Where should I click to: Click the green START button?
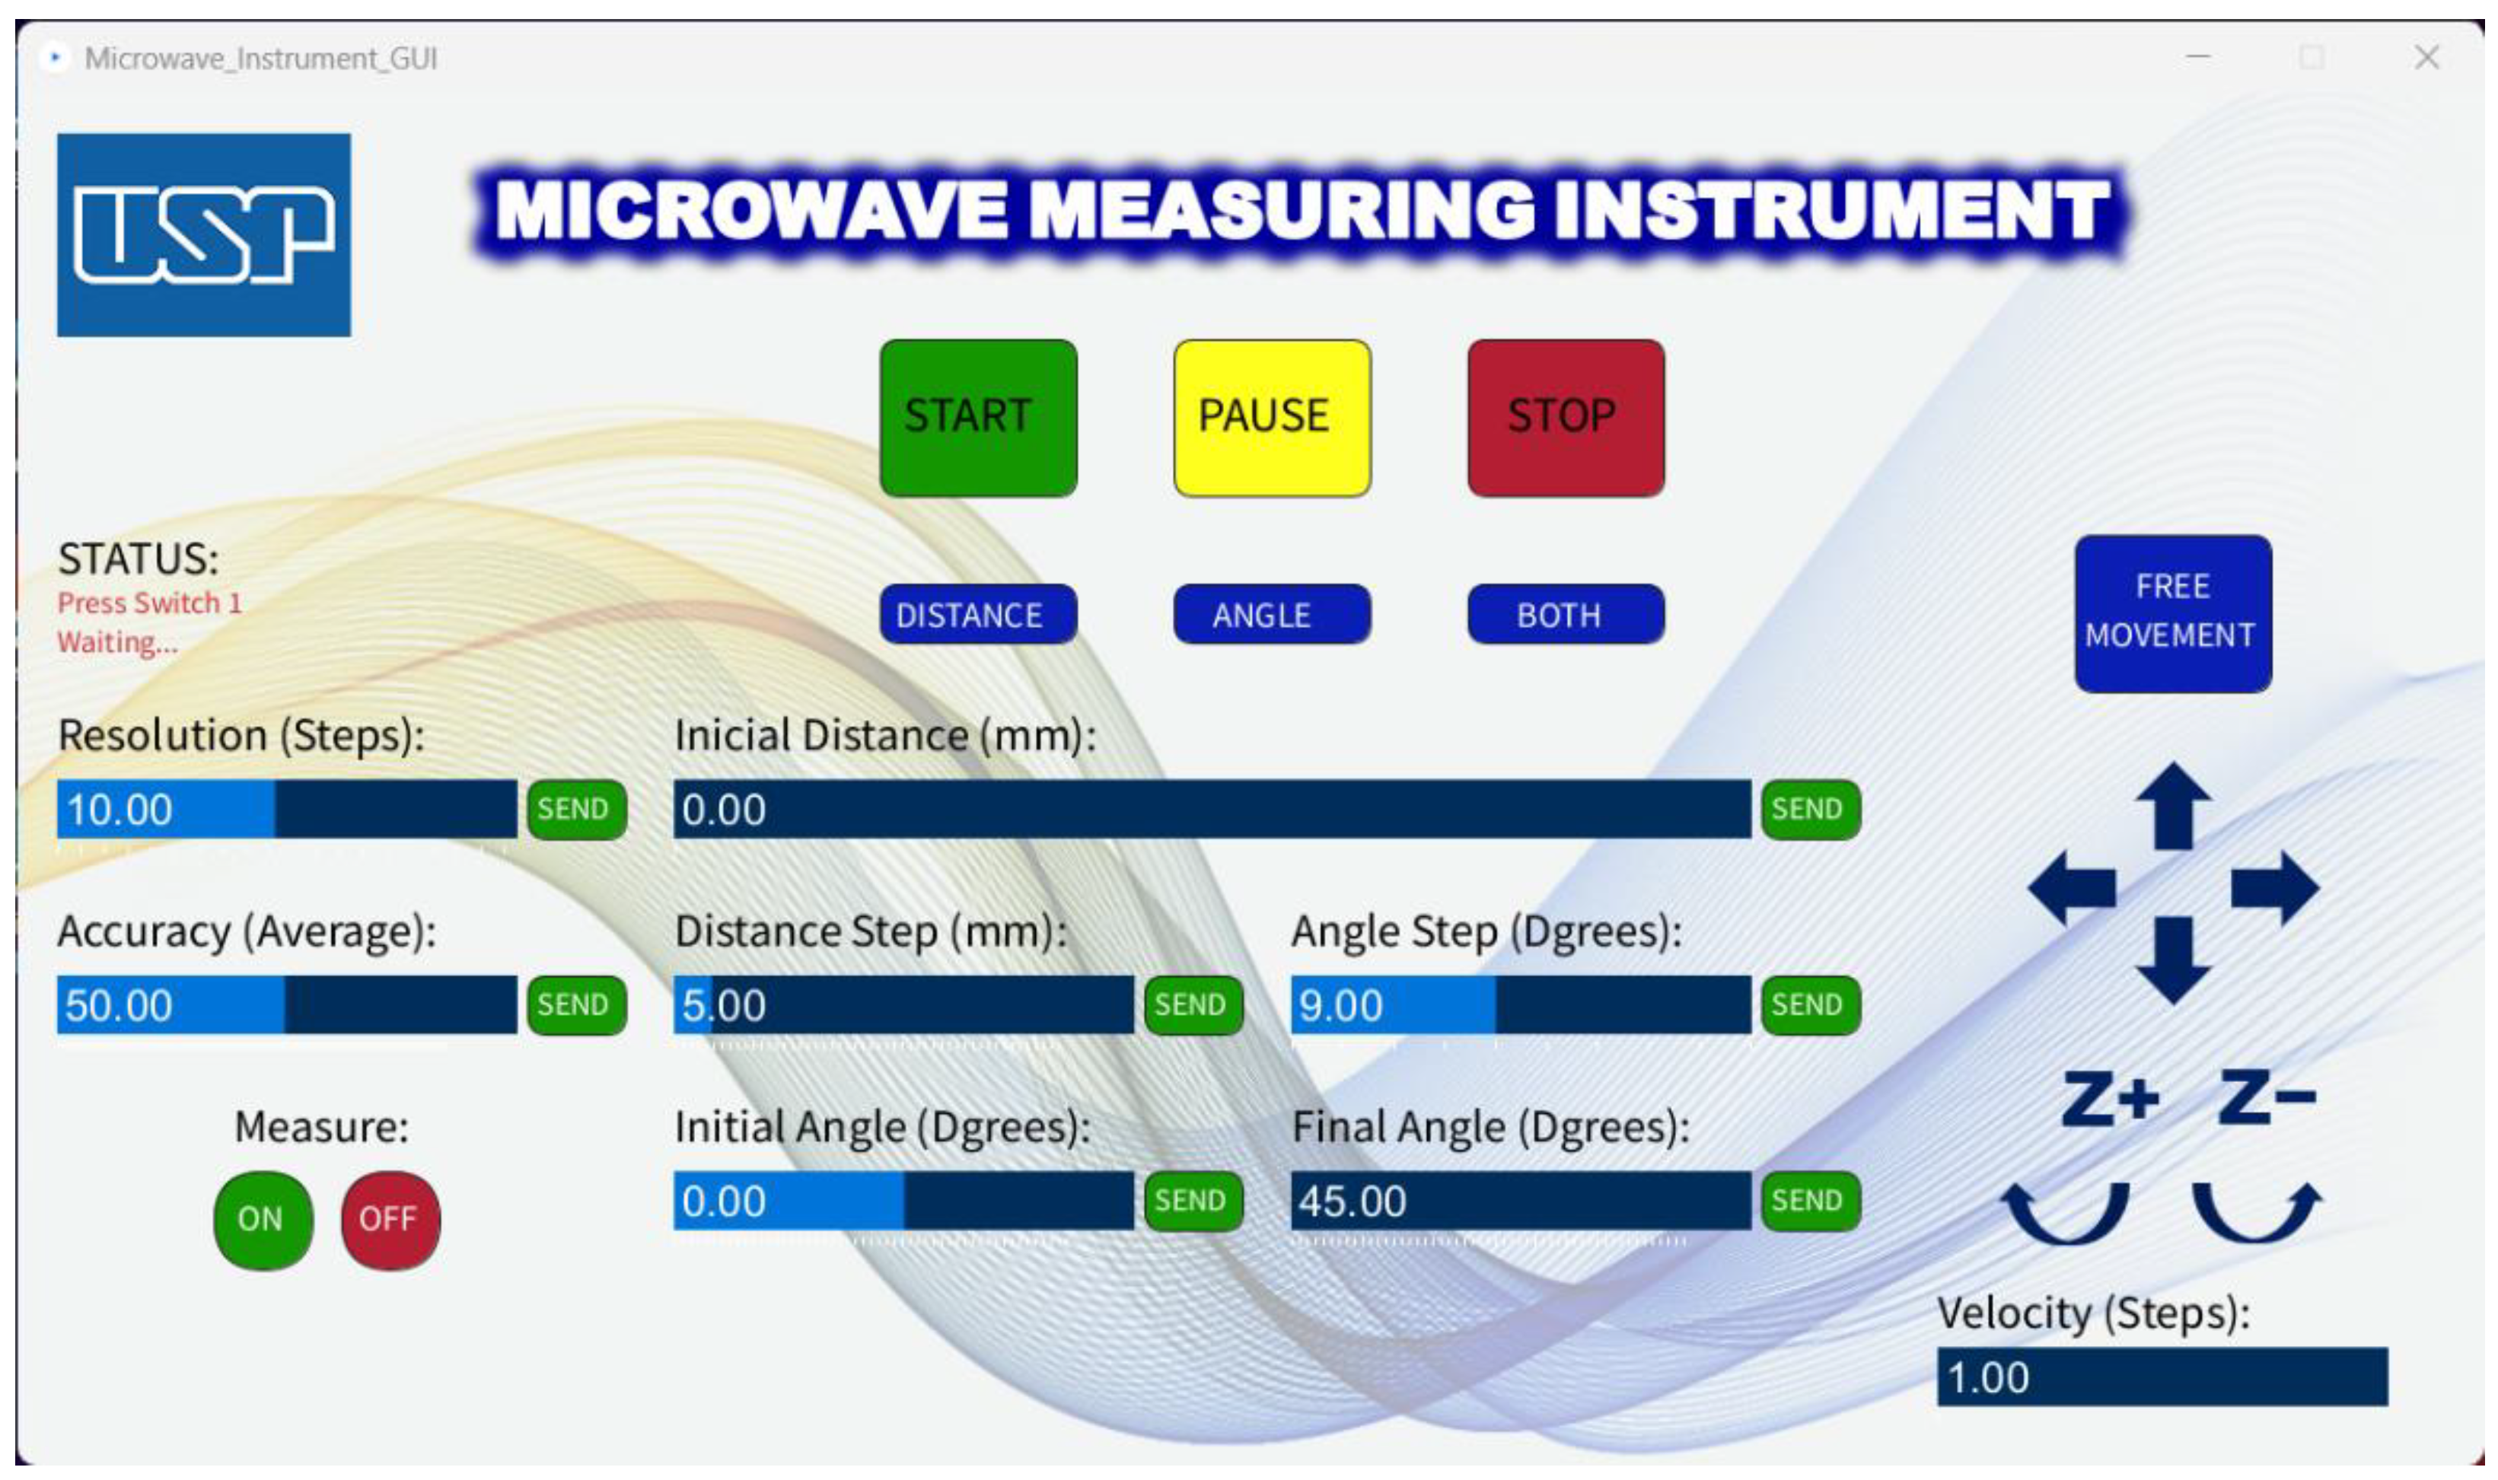[x=977, y=418]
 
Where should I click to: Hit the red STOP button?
[x=1565, y=418]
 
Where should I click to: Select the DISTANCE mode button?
[x=977, y=614]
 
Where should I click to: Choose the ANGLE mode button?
[x=1272, y=614]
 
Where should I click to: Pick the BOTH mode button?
[x=1565, y=614]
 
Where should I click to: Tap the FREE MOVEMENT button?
[x=2173, y=613]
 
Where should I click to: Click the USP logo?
[x=203, y=235]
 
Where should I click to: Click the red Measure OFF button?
[x=390, y=1220]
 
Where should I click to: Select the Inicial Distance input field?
[x=1212, y=809]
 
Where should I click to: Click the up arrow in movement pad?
[x=2173, y=807]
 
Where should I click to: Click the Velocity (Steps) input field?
[x=2162, y=1377]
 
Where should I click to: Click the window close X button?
[x=2426, y=58]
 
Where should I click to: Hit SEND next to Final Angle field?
[x=1810, y=1201]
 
